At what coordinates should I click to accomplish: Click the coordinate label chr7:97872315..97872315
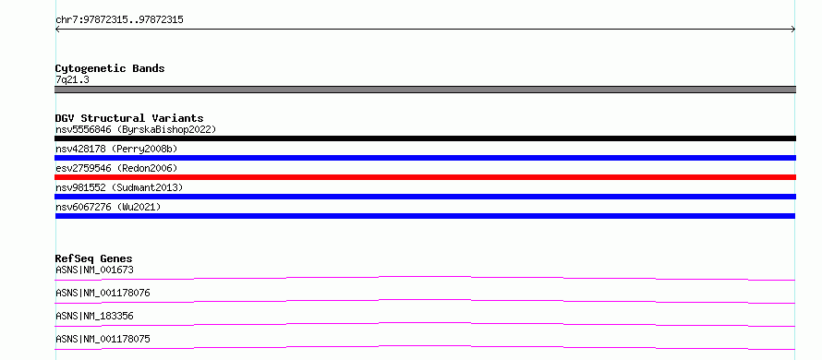(x=119, y=20)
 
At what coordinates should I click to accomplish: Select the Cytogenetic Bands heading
(x=110, y=68)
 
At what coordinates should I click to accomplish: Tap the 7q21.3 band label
(x=72, y=79)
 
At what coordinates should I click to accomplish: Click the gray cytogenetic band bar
(x=425, y=90)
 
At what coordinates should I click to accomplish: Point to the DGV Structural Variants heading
(x=129, y=118)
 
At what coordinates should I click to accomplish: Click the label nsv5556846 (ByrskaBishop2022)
(x=136, y=129)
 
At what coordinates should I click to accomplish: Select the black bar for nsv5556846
(x=425, y=138)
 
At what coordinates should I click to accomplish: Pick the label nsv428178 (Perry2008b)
(x=116, y=149)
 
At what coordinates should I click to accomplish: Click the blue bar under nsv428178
(x=425, y=158)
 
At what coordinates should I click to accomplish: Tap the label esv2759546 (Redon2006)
(x=116, y=168)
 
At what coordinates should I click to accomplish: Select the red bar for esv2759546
(x=425, y=177)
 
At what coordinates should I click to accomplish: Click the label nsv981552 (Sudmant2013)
(x=119, y=187)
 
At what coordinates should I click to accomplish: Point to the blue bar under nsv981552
(x=425, y=197)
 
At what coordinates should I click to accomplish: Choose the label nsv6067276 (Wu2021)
(x=108, y=207)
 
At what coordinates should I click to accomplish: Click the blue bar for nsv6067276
(x=425, y=216)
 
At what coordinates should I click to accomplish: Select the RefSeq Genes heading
(x=94, y=258)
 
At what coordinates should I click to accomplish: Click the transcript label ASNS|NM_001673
(x=94, y=270)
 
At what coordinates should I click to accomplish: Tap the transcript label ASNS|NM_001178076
(x=103, y=293)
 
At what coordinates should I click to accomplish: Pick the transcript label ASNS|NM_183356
(x=94, y=316)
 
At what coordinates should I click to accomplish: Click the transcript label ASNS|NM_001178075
(x=103, y=339)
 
